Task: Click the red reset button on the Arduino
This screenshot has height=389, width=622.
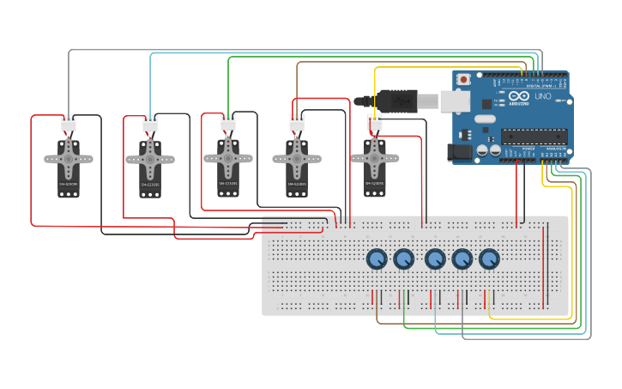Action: [x=464, y=80]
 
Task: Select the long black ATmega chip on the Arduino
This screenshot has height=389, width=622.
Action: [x=534, y=136]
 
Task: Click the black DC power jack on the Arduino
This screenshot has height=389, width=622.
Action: [x=458, y=153]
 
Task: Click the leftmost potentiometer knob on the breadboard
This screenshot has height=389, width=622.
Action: [x=377, y=258]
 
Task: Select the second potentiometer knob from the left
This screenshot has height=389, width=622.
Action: [x=403, y=258]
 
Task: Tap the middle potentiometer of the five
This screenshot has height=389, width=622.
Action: [x=435, y=258]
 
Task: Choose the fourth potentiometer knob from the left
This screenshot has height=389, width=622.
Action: [x=462, y=258]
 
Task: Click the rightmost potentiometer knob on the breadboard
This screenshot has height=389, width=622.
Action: [x=489, y=258]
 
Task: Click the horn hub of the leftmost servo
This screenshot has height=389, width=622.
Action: [x=69, y=158]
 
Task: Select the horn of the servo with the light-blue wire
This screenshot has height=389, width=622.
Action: [x=150, y=159]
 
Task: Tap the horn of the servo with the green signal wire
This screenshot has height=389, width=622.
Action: [x=228, y=157]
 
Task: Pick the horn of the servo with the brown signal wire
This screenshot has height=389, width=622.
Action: [x=297, y=158]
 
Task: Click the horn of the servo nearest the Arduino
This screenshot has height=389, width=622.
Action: [x=374, y=157]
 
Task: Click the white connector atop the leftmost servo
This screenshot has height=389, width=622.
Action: [x=69, y=125]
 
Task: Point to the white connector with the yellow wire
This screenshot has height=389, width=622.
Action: [x=374, y=124]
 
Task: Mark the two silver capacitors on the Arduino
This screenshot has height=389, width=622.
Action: [x=489, y=150]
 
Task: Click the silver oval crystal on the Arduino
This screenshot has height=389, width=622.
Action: [x=485, y=119]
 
